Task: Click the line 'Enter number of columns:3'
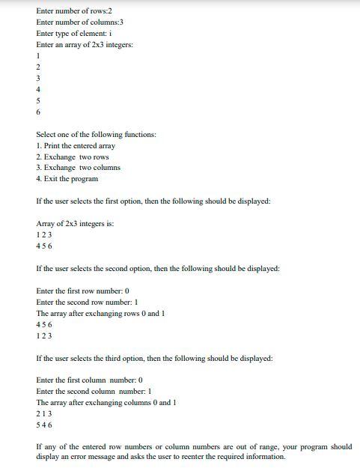pos(79,22)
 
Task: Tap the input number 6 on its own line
pos(38,112)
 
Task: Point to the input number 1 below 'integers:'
pos(38,56)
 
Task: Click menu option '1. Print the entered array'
pos(76,145)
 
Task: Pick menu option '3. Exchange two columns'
pos(78,168)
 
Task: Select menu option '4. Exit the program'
pos(67,179)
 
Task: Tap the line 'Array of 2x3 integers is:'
pos(75,223)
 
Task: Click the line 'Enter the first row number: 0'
pos(83,291)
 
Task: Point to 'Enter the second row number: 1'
pos(87,302)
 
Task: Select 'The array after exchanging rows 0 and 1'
pos(100,313)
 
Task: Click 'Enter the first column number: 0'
pos(89,380)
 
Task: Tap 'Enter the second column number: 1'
pos(94,391)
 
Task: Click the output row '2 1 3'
pos(44,413)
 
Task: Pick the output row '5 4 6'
pos(44,425)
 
